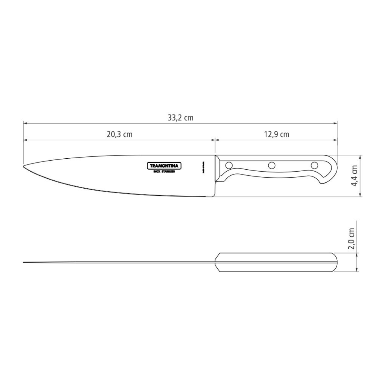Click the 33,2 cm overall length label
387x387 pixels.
(180, 118)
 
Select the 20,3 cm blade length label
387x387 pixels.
(120, 134)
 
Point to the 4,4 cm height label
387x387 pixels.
(355, 176)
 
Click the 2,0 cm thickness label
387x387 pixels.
(352, 239)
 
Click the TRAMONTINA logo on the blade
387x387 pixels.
(164, 166)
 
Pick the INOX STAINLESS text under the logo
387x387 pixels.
(164, 172)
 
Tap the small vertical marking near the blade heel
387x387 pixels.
(203, 166)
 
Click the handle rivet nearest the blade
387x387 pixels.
(229, 165)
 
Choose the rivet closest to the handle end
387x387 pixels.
(314, 165)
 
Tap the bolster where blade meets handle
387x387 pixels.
(218, 169)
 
